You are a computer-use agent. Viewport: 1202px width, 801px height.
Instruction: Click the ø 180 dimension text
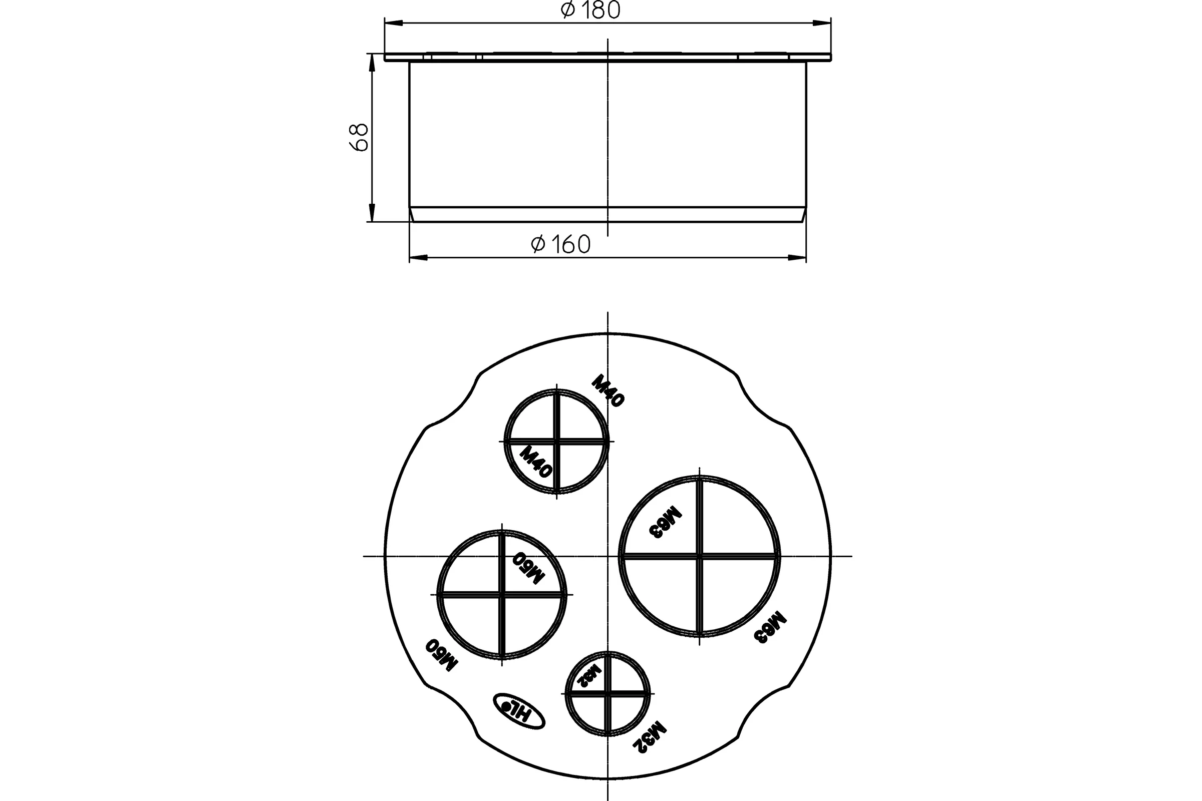tap(590, 10)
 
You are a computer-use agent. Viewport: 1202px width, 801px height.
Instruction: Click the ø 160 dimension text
tap(560, 244)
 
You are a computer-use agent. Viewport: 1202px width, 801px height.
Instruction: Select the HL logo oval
tap(519, 710)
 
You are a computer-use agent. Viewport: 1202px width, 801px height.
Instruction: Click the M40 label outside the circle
tap(608, 391)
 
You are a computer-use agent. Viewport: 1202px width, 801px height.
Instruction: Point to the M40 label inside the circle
tap(536, 461)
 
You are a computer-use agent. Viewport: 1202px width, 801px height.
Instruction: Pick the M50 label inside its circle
tap(529, 568)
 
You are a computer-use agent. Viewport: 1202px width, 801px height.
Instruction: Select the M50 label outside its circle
tap(442, 655)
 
